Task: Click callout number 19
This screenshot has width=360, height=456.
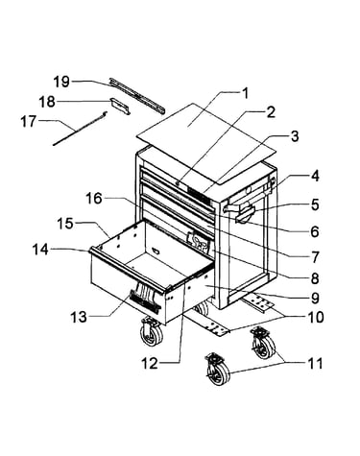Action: pyautogui.click(x=61, y=82)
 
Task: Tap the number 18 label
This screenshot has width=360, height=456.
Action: pyautogui.click(x=47, y=102)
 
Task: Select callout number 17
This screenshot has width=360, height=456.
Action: pyautogui.click(x=29, y=122)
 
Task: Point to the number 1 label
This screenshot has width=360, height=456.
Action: pyautogui.click(x=245, y=93)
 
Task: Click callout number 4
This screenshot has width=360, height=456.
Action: pyautogui.click(x=315, y=177)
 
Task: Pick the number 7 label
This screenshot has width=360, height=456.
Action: pyautogui.click(x=315, y=256)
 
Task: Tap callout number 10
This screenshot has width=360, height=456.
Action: pyautogui.click(x=315, y=317)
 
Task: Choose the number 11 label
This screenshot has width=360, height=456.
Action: pyautogui.click(x=315, y=363)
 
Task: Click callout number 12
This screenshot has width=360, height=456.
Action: pyautogui.click(x=150, y=364)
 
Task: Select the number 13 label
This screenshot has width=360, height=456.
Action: pyautogui.click(x=79, y=317)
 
